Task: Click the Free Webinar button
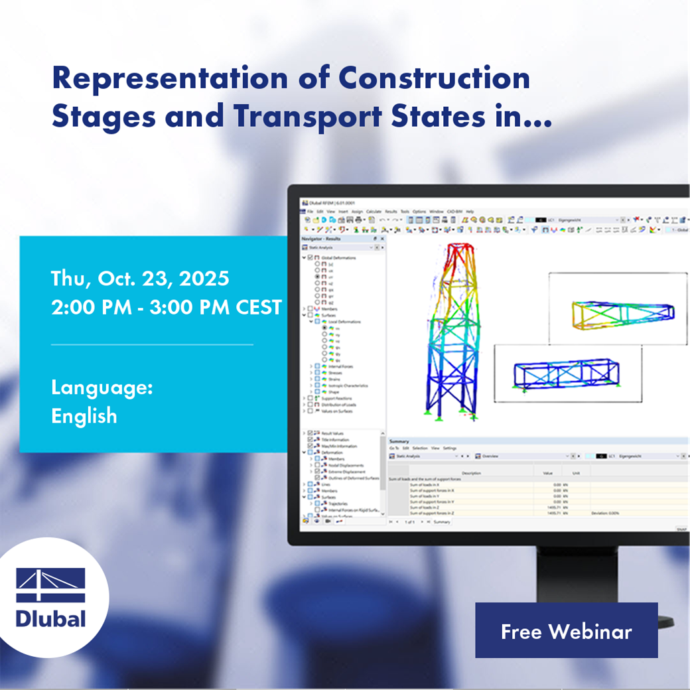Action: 566,630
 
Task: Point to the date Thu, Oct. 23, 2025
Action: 140,278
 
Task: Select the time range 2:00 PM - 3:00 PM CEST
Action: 167,308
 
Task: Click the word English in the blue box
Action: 84,416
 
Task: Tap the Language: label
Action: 102,387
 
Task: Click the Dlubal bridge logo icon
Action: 50,585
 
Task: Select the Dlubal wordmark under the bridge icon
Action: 50,619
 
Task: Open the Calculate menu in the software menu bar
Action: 374,211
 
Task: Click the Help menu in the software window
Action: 470,211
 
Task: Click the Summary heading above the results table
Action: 399,441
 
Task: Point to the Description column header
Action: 471,473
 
